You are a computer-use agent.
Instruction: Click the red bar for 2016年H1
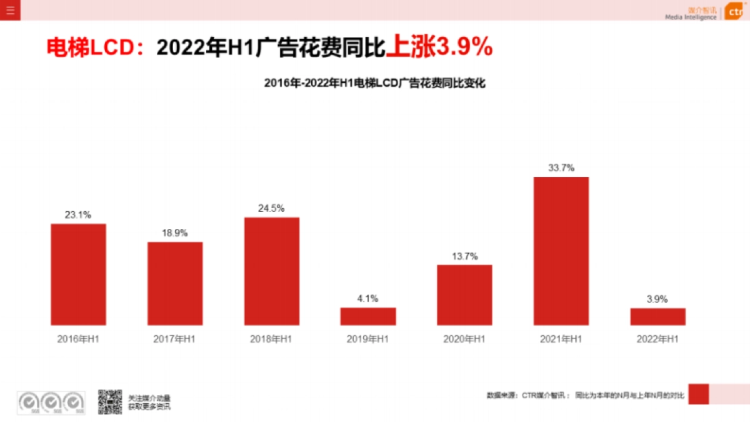(x=78, y=274)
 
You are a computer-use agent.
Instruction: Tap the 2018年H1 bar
(x=271, y=271)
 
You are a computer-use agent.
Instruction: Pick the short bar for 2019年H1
(x=368, y=316)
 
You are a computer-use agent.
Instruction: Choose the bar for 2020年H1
(x=464, y=295)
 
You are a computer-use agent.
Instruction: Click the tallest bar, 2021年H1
(x=561, y=251)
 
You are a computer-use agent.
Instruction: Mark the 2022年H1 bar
(x=657, y=316)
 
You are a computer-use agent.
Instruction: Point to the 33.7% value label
(x=561, y=168)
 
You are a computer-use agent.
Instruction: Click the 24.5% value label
(x=271, y=208)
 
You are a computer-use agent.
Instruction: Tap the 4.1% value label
(x=368, y=298)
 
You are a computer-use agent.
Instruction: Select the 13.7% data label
(x=464, y=256)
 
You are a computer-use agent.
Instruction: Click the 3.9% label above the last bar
(x=657, y=299)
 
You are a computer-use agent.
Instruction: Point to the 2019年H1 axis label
(x=368, y=339)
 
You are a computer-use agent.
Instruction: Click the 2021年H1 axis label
(x=561, y=339)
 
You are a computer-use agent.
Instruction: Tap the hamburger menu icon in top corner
(x=10, y=10)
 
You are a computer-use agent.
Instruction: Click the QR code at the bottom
(x=110, y=401)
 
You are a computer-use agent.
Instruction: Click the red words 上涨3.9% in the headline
(x=439, y=48)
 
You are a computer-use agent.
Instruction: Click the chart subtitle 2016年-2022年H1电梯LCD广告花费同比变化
(x=374, y=83)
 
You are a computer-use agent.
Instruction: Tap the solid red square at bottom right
(x=698, y=394)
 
